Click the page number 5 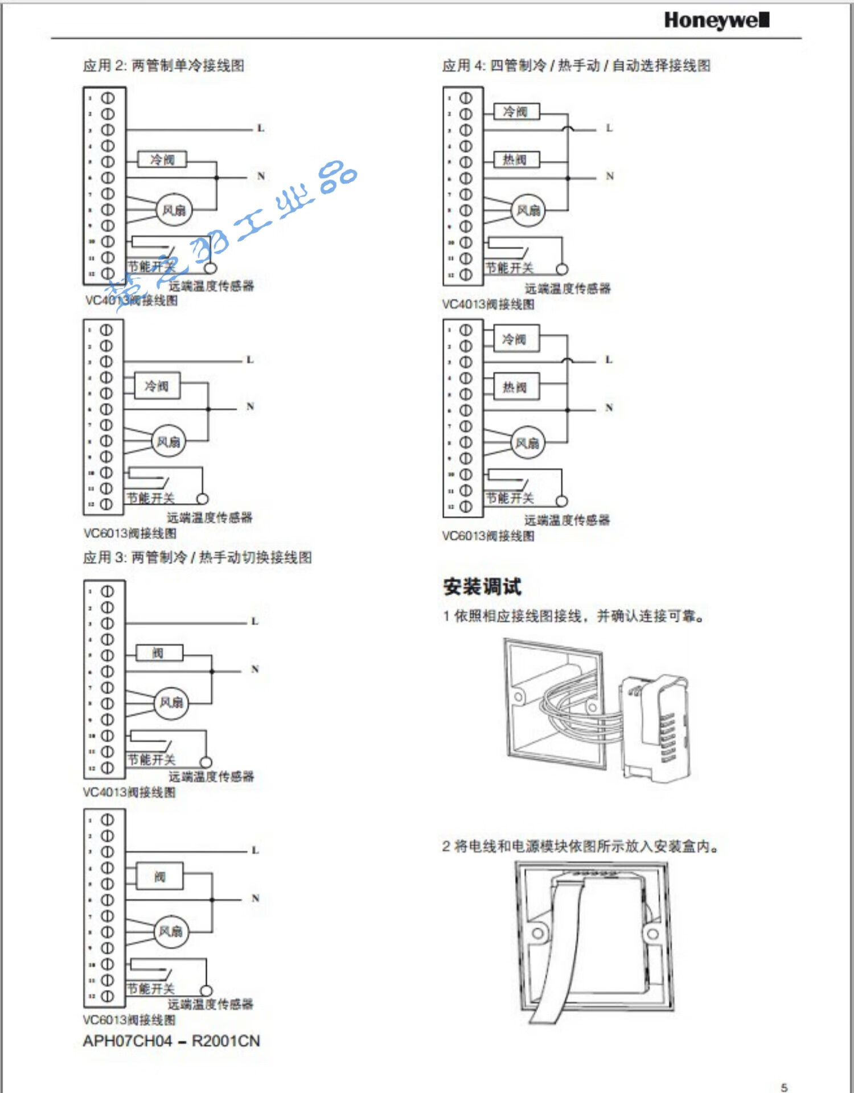(784, 1087)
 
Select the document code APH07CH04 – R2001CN (171, 1041)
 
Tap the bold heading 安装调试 (482, 586)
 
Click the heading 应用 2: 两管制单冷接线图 (163, 65)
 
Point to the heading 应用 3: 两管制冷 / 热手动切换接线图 (197, 557)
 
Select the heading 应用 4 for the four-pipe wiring (576, 65)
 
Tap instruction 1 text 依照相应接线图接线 (573, 616)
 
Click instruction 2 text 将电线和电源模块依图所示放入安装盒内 (580, 847)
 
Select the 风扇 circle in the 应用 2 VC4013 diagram (174, 210)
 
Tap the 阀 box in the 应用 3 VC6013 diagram (160, 877)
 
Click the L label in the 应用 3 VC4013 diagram (254, 621)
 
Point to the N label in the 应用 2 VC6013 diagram (250, 406)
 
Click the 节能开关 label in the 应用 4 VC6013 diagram (510, 499)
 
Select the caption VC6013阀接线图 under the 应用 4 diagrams (488, 536)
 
